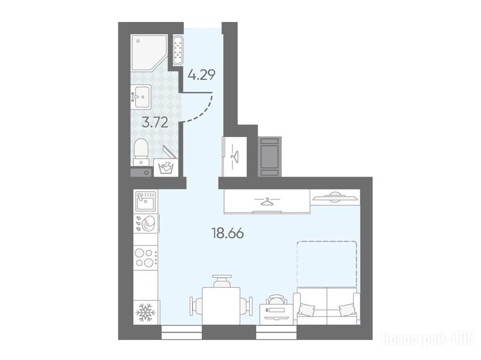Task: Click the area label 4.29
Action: point(202,75)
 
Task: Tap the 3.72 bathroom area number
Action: point(155,123)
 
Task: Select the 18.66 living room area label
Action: point(228,234)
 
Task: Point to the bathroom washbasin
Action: point(141,97)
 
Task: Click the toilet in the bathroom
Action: point(141,152)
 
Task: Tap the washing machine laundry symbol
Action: point(166,168)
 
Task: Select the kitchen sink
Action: point(146,201)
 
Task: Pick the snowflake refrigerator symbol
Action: point(146,312)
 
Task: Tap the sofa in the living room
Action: point(327,306)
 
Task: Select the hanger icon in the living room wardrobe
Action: point(267,201)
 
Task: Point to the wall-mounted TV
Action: point(335,197)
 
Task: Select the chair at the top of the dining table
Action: point(221,281)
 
